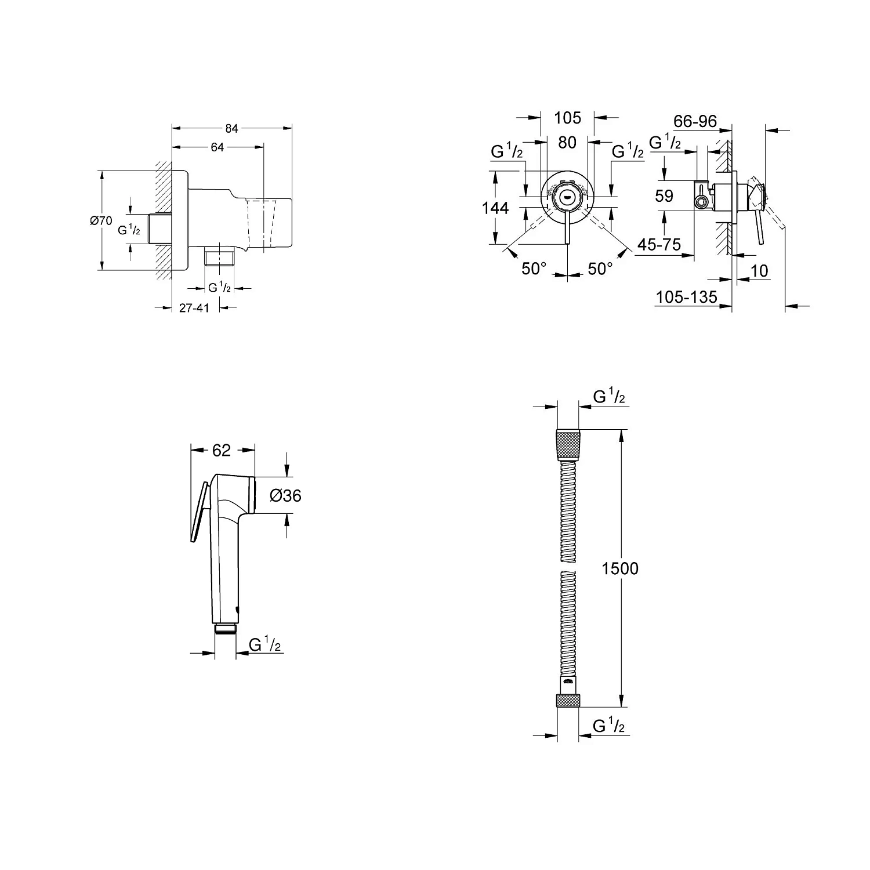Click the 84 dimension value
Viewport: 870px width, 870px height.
pos(231,128)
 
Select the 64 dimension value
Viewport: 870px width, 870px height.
pos(217,147)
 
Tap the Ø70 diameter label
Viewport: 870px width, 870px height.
pos(101,220)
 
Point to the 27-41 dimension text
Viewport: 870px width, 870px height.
pos(194,308)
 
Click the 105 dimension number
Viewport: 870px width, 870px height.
pos(567,118)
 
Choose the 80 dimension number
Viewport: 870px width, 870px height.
pos(567,142)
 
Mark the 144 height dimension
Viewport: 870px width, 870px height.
pos(495,208)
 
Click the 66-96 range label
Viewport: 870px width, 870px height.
pos(695,121)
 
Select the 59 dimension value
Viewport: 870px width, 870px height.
pos(664,196)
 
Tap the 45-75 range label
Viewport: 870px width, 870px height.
pos(659,244)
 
